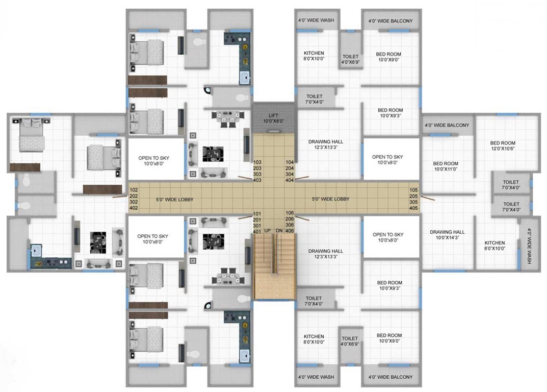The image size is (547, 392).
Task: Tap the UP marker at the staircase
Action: [267, 231]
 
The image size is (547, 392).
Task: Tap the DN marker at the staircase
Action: [279, 231]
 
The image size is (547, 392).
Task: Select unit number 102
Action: [134, 189]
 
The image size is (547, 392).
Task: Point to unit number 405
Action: [413, 208]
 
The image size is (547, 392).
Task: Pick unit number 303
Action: [257, 174]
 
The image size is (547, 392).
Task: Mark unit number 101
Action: [257, 213]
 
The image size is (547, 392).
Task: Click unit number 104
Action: [290, 162]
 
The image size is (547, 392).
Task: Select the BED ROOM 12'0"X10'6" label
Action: [502, 146]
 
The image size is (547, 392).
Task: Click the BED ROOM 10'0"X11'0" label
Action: [446, 166]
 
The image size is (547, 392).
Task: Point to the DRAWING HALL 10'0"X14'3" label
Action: [447, 235]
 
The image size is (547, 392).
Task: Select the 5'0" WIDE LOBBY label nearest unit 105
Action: [331, 199]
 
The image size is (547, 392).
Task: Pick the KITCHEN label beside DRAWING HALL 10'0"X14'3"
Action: [494, 246]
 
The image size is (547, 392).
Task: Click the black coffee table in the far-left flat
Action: [97, 240]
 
